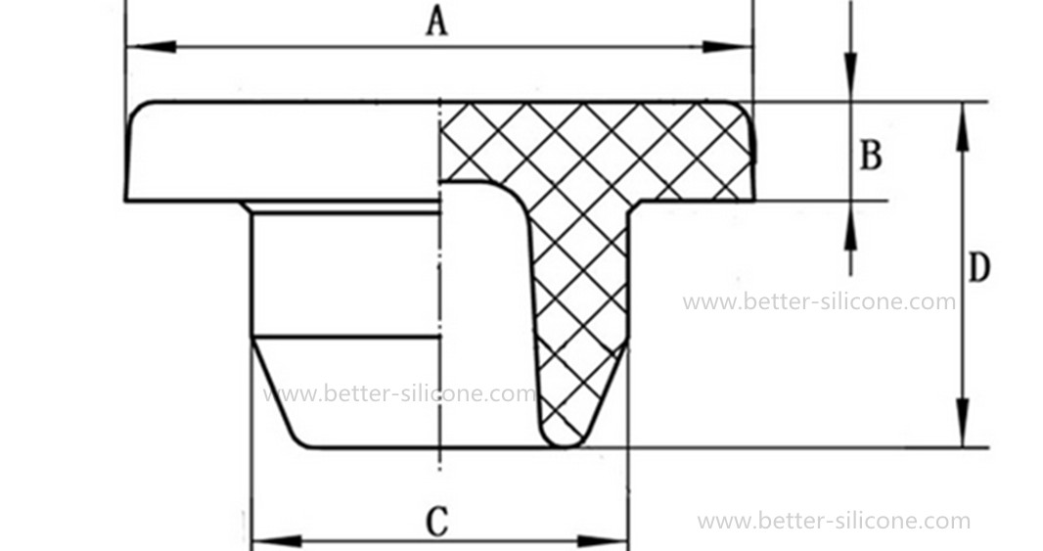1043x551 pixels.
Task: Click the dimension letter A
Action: (x=436, y=21)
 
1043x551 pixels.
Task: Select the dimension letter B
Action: (x=871, y=156)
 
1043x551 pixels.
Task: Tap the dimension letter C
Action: (x=436, y=522)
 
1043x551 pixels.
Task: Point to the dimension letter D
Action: (x=979, y=267)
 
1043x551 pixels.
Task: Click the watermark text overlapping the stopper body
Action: (x=399, y=393)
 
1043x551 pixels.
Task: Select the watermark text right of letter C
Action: (x=834, y=522)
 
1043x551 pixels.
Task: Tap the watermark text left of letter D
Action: (x=819, y=301)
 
